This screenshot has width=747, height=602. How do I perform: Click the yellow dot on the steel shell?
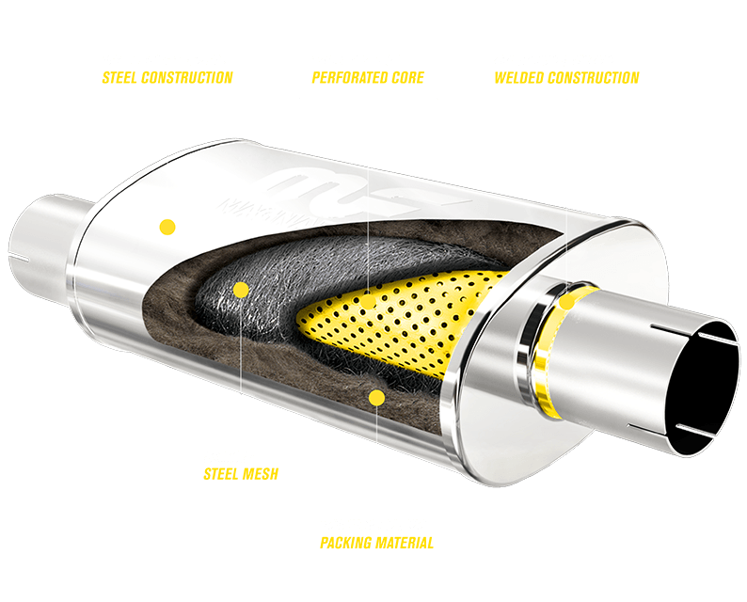tap(167, 227)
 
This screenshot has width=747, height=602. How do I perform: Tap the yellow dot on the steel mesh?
tap(241, 290)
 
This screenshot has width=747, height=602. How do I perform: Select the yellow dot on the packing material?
tap(376, 398)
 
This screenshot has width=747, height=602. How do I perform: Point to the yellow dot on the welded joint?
tap(566, 302)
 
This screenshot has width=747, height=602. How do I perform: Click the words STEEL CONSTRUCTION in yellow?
tap(167, 77)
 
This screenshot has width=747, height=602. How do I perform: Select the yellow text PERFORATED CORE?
tap(368, 77)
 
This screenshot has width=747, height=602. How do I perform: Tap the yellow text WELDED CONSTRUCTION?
tap(566, 77)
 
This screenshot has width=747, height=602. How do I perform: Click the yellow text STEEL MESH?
tap(241, 473)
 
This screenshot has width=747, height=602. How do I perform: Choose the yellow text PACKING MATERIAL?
tap(376, 543)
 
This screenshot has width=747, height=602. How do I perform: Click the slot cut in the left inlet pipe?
tap(21, 255)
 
